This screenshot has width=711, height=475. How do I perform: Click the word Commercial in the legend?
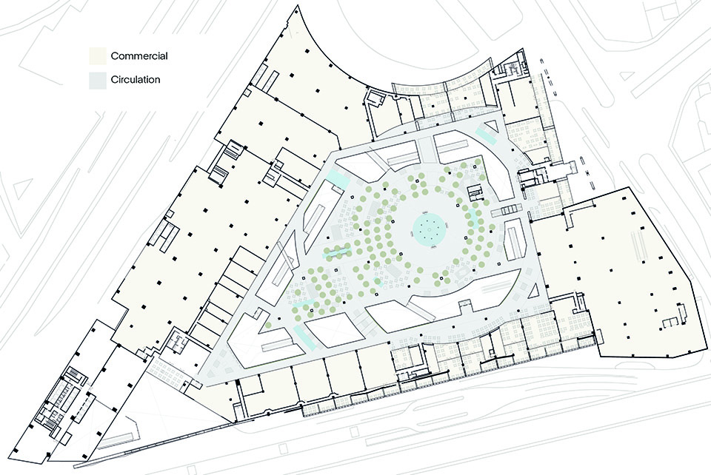coord(139,56)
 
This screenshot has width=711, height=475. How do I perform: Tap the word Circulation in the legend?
coord(136,80)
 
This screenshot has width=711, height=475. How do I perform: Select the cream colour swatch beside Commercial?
coord(98,55)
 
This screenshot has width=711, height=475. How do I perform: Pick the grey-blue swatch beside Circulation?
coord(98,80)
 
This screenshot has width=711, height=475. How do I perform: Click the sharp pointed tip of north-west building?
coord(298,5)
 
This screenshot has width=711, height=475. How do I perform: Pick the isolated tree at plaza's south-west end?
coord(268,325)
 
